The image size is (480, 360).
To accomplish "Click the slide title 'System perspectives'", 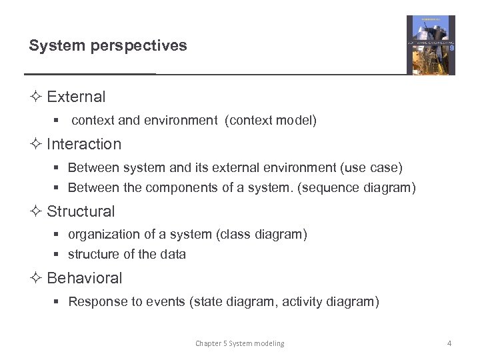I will tap(108, 46).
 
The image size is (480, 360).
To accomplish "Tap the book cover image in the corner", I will tap(431, 45).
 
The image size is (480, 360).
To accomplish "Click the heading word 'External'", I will tap(76, 97).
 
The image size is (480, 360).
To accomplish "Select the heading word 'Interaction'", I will tap(84, 144).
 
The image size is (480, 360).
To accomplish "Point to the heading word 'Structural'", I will tap(81, 211).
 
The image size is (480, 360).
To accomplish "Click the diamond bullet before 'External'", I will tap(35, 97).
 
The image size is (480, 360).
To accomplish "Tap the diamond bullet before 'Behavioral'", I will tap(35, 278).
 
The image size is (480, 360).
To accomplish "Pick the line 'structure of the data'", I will tap(127, 254).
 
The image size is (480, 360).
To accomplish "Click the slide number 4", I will tap(449, 343).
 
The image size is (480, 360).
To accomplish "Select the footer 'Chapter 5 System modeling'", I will tap(239, 343).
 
